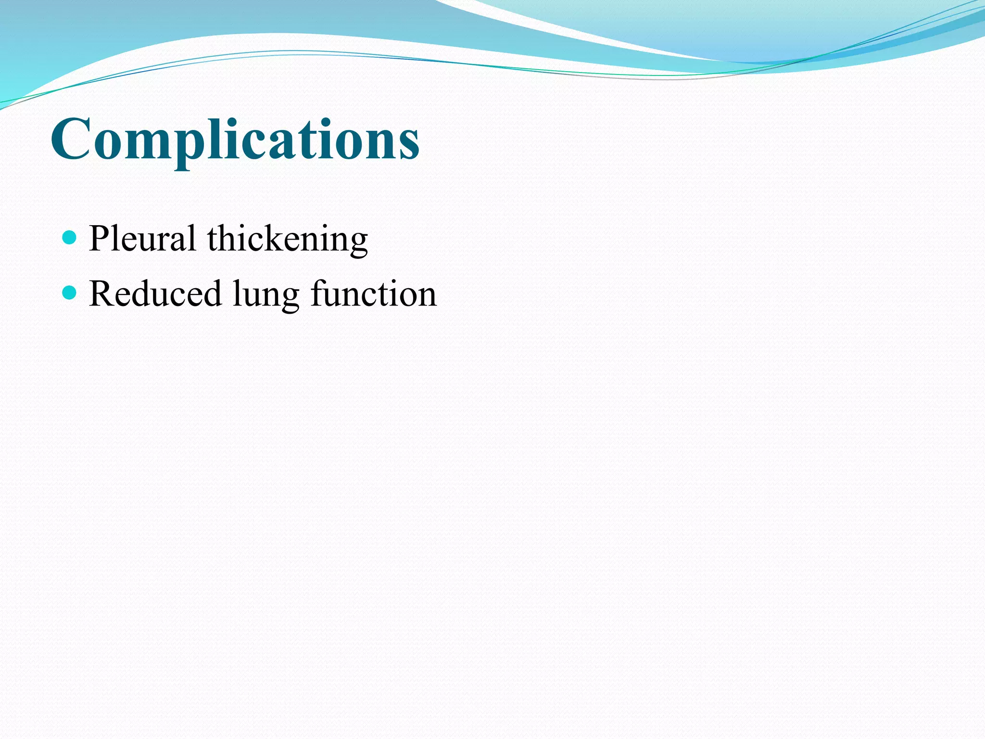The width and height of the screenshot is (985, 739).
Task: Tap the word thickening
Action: tap(288, 239)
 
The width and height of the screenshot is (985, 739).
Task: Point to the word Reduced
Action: tap(155, 293)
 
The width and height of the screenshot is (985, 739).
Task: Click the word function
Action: tap(374, 293)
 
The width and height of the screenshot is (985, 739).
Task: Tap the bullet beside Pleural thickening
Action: tap(70, 237)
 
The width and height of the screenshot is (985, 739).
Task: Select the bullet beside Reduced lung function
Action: tap(70, 292)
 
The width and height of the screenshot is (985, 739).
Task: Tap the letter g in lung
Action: tap(289, 298)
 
